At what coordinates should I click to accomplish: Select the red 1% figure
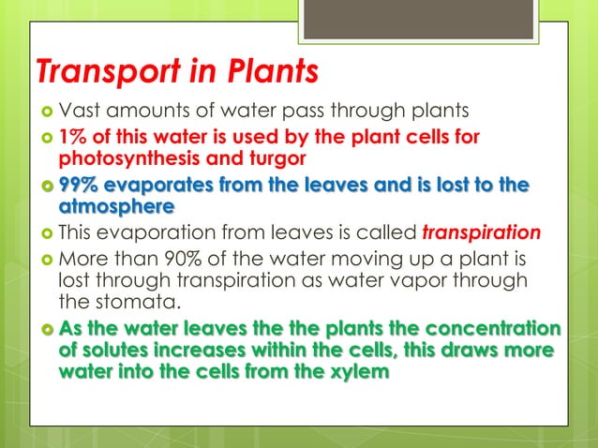coord(73,139)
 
